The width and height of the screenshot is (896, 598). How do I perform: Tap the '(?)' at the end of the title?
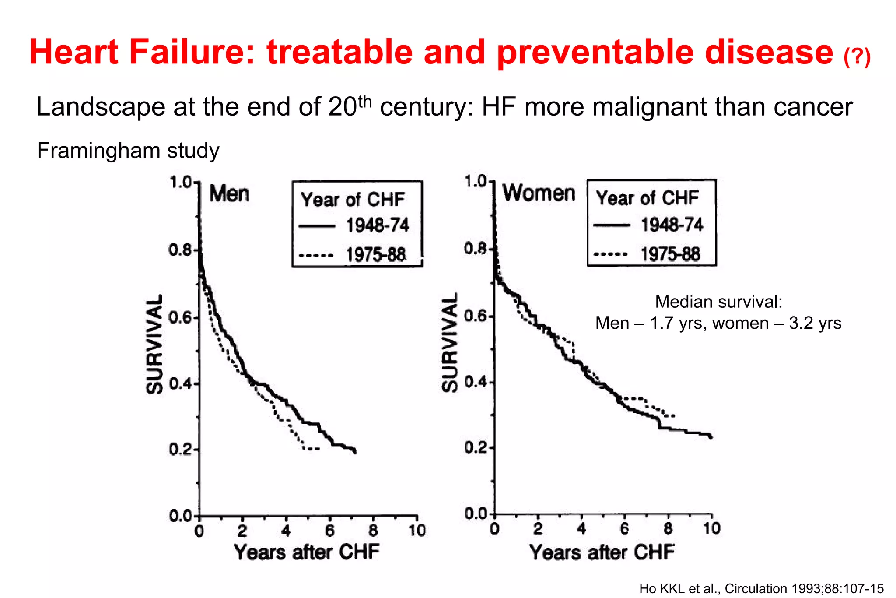857,57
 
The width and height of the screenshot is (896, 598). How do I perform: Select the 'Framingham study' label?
128,151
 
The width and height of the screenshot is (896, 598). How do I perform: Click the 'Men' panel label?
229,193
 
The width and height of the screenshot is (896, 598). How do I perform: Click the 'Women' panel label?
538,193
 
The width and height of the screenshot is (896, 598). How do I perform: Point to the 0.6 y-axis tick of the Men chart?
180,317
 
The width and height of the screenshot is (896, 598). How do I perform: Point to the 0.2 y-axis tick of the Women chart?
476,448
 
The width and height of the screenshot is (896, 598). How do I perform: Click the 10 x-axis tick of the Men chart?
417,531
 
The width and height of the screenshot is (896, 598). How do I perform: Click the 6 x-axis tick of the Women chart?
624,529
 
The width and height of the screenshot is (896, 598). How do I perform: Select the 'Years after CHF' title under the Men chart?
306,552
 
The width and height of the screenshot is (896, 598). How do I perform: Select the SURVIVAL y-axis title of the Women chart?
449,342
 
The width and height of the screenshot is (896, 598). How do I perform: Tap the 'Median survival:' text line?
718,302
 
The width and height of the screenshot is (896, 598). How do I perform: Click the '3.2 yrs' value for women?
815,324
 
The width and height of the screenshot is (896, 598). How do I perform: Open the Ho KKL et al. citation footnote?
761,589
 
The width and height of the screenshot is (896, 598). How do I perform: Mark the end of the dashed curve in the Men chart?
318,448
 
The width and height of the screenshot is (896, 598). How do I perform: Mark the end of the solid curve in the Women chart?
711,437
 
